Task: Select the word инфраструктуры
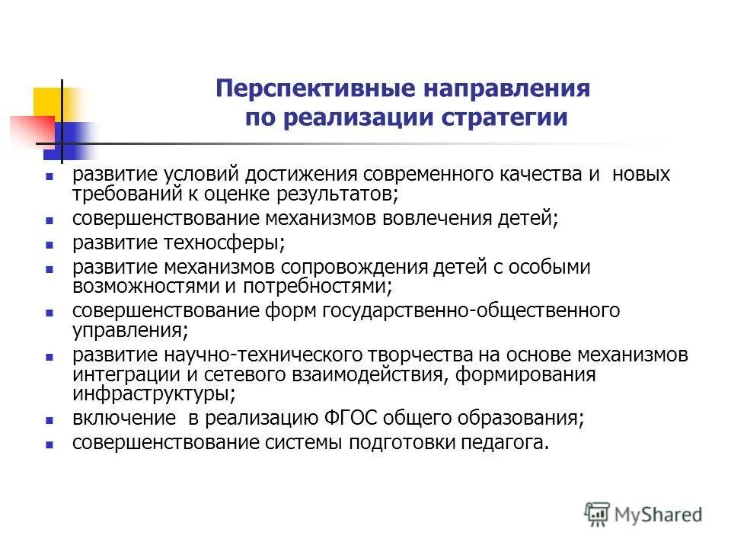[152, 393]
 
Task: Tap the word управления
[128, 330]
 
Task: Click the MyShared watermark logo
[643, 513]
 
